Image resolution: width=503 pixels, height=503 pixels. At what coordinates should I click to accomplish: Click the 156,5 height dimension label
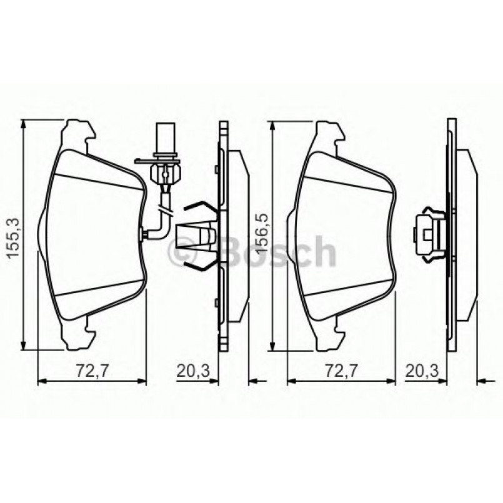coord(262,234)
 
